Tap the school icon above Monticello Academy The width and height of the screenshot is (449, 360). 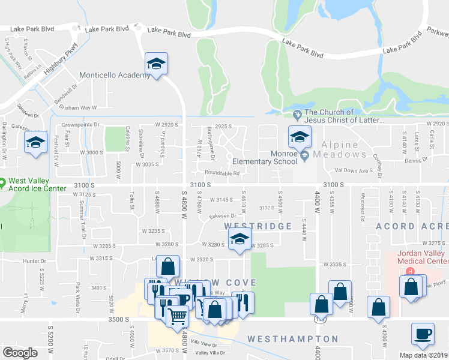[x=157, y=64]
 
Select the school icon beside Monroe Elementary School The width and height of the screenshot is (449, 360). [x=298, y=137]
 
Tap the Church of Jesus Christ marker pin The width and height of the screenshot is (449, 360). [x=297, y=114]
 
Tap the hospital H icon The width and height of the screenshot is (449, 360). [x=411, y=271]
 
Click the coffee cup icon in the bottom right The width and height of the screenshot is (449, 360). [x=423, y=334]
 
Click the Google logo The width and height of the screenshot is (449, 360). [x=20, y=352]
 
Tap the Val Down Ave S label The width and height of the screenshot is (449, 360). [x=354, y=170]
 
